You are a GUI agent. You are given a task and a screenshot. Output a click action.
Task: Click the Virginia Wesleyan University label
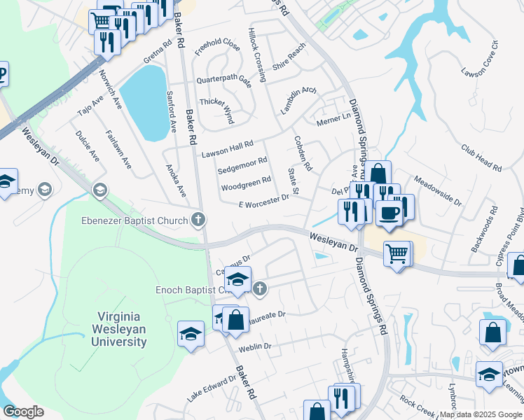pos(118,329)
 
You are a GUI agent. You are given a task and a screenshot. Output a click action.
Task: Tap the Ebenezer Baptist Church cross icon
pos(199,220)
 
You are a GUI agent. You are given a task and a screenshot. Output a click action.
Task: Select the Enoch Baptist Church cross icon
pos(260,288)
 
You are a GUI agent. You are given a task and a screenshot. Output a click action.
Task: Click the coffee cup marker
pos(388,213)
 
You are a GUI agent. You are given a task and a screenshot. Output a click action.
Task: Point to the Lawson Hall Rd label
pos(227,148)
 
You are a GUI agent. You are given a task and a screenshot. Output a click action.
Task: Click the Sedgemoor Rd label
pos(242,165)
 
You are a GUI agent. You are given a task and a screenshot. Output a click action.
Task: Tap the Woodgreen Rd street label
pos(246,184)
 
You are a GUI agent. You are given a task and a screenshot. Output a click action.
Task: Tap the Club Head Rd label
pos(481,158)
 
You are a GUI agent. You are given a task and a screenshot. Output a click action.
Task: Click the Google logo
pos(23,412)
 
